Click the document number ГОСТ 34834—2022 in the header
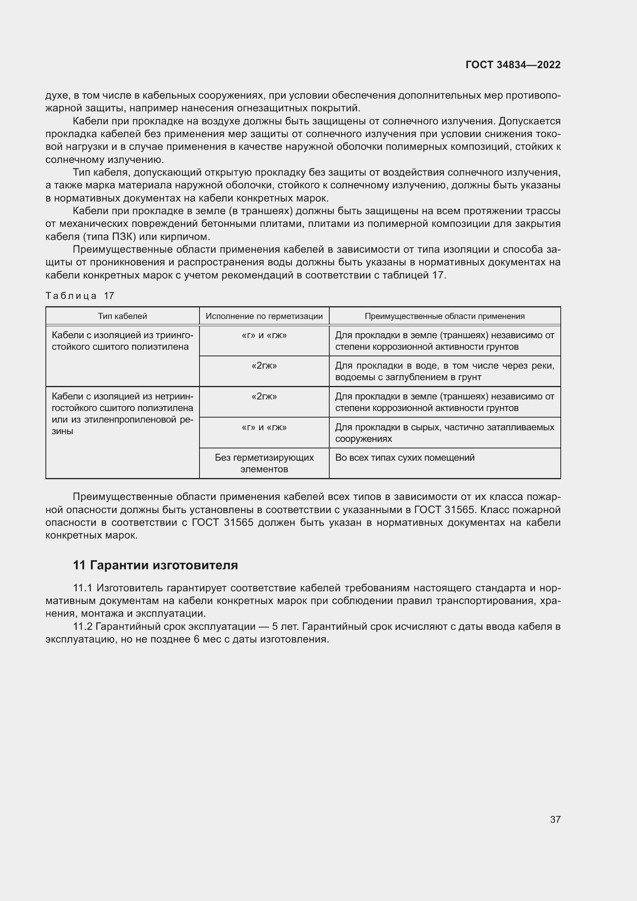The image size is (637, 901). (x=513, y=65)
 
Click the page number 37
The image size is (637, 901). (x=555, y=819)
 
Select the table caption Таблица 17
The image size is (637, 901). (x=80, y=296)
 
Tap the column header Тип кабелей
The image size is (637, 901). (x=122, y=316)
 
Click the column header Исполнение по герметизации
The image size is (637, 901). (x=264, y=316)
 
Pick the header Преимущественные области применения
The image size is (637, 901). (x=444, y=316)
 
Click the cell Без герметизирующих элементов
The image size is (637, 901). (x=264, y=463)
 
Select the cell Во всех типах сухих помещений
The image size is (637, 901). (x=404, y=458)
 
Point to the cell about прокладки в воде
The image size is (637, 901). (x=444, y=371)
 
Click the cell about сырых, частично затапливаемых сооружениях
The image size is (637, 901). (x=444, y=433)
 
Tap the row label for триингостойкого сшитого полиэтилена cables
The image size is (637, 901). (x=122, y=341)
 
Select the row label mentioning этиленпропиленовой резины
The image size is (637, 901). (x=122, y=414)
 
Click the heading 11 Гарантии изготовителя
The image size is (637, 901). (x=155, y=565)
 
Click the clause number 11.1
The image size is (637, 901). (x=82, y=588)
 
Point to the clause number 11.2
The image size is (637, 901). (x=82, y=626)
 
